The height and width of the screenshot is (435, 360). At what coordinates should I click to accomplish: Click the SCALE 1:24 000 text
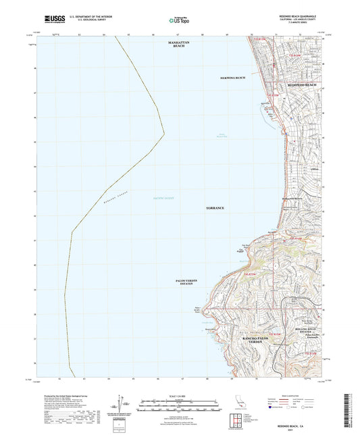coord(178,395)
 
